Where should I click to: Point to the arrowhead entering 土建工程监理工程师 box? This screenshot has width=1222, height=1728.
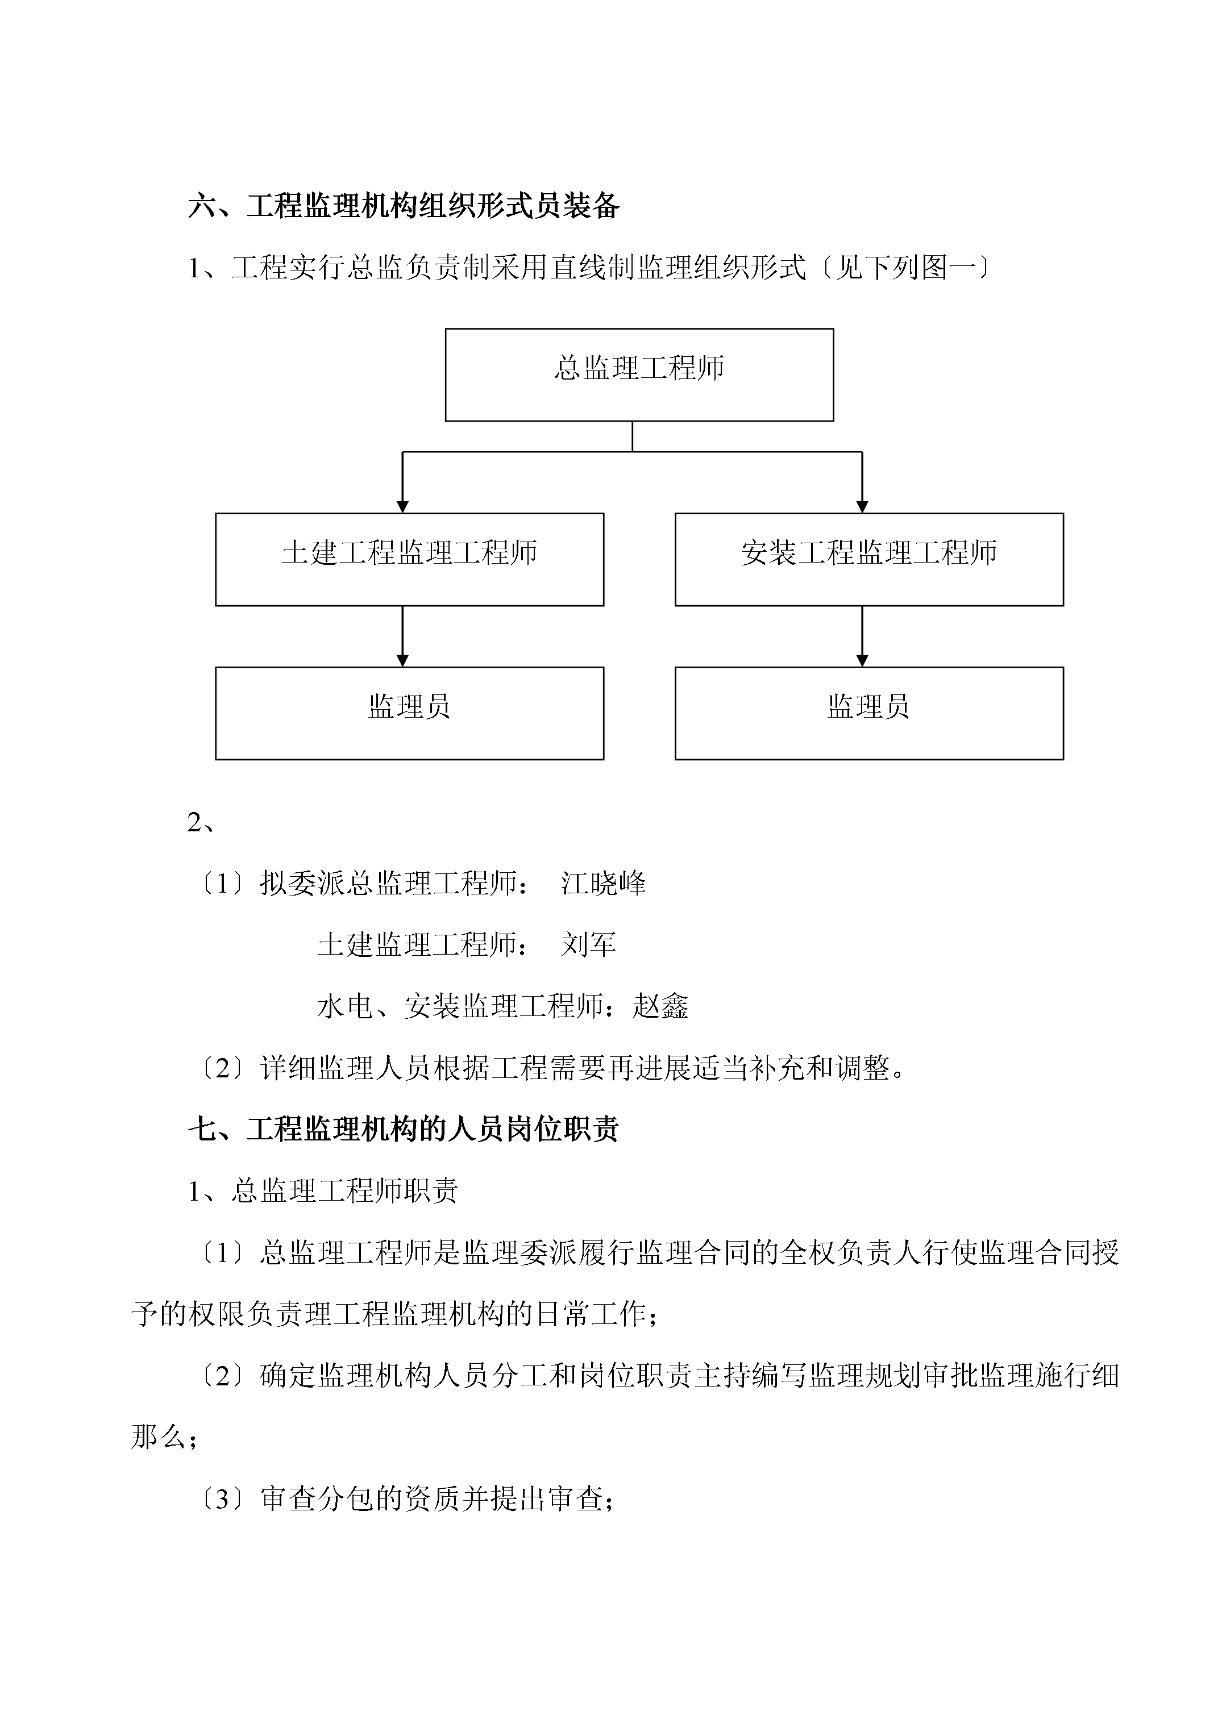(x=403, y=507)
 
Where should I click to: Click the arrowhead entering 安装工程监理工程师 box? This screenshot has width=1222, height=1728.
(x=862, y=507)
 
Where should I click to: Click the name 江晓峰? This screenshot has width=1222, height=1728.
(x=603, y=884)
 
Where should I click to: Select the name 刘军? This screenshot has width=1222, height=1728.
(x=589, y=944)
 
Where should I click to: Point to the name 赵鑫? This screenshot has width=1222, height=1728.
(x=661, y=1006)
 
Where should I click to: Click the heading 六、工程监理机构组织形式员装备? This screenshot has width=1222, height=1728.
(x=404, y=206)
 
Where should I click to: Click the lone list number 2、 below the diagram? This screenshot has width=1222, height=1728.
(x=201, y=823)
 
